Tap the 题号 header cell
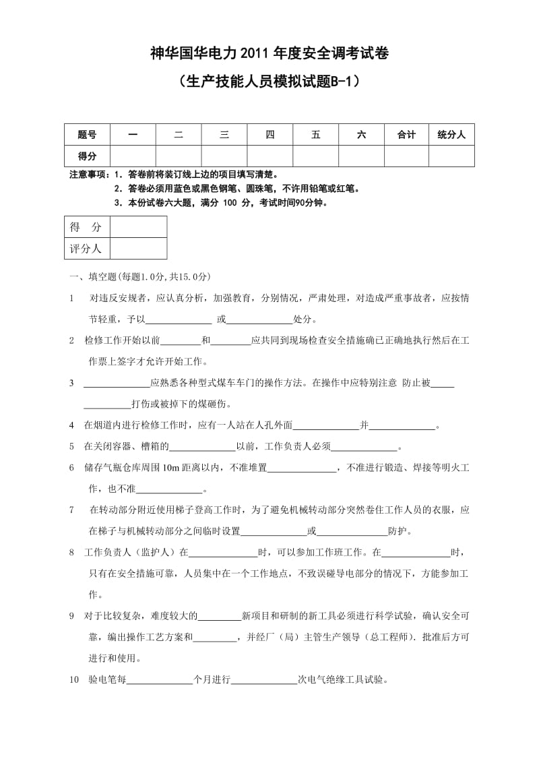[x=87, y=135]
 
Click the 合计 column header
[x=406, y=135]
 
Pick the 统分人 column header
[x=451, y=135]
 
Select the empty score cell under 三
[x=224, y=156]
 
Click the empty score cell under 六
[x=361, y=156]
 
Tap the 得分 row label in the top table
[x=87, y=156]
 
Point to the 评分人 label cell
[x=86, y=248]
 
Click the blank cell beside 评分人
[x=139, y=248]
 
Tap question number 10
[x=74, y=679]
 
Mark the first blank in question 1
[x=179, y=319]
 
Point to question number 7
[x=72, y=510]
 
